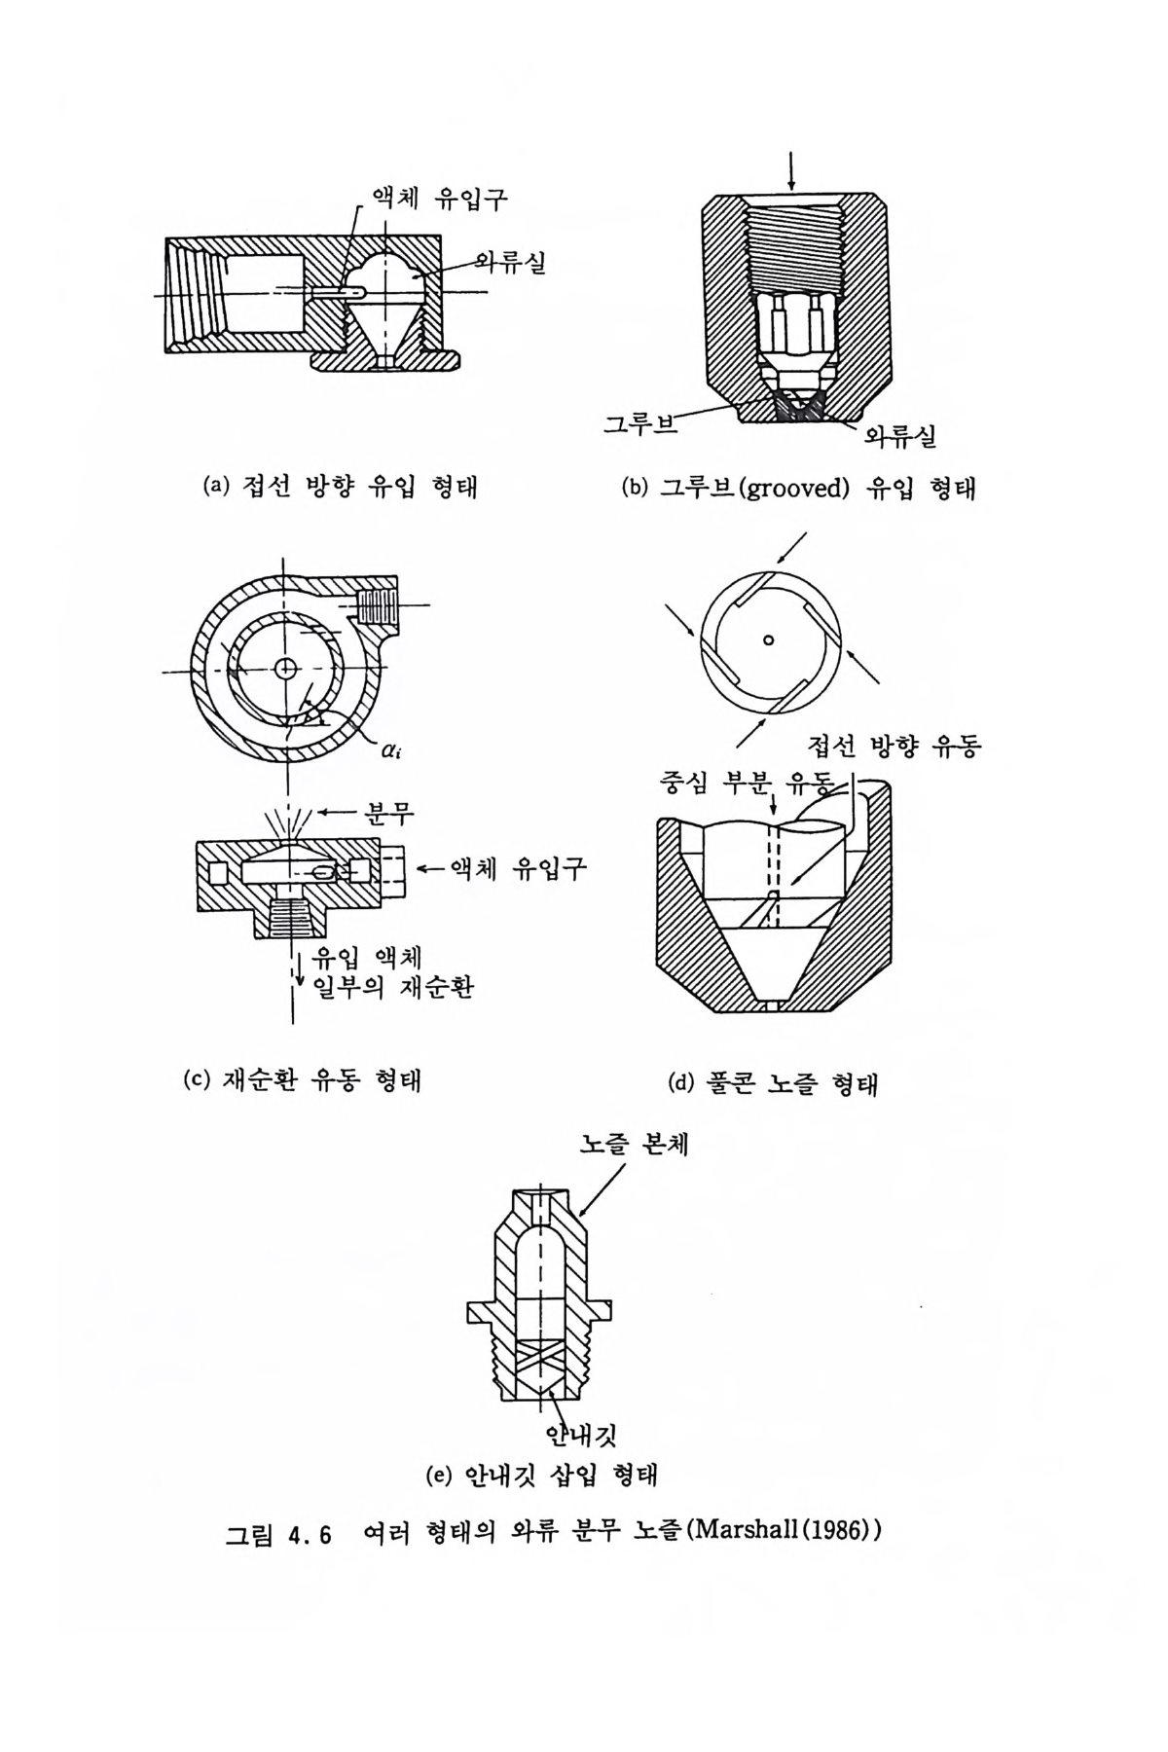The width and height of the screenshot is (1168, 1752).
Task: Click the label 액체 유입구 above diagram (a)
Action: click(x=436, y=199)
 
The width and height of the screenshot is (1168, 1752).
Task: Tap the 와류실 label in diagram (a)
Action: click(x=509, y=262)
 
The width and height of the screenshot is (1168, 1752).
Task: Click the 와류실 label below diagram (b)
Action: click(x=900, y=435)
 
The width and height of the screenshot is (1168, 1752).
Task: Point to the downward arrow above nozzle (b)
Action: click(x=791, y=169)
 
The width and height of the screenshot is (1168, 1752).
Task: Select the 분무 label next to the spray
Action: click(x=388, y=813)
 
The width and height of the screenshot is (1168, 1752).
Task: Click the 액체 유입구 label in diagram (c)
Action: click(x=517, y=868)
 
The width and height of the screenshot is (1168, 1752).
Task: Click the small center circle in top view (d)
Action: click(x=769, y=639)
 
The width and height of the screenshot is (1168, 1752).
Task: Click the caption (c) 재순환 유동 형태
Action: click(x=302, y=1079)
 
